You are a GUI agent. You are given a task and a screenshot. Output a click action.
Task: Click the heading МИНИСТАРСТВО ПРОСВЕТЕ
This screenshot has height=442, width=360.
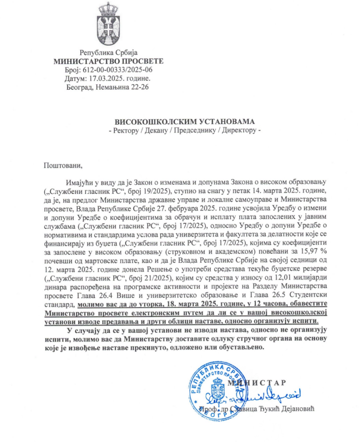click(x=108, y=61)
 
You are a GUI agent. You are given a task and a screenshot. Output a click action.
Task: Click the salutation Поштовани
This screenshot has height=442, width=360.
click(x=62, y=164)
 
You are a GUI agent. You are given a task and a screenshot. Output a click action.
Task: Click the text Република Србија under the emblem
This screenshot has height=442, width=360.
click(x=109, y=53)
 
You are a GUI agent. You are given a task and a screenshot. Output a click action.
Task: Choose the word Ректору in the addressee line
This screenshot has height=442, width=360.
click(x=125, y=130)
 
